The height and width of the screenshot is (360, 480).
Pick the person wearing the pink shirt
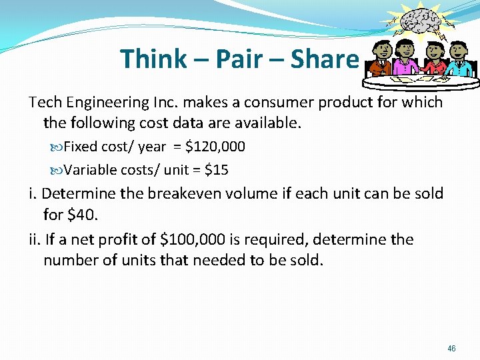(405, 59)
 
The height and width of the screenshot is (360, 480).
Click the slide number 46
(452, 349)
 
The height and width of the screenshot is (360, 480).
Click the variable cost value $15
(217, 170)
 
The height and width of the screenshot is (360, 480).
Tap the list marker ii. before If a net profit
(33, 239)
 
